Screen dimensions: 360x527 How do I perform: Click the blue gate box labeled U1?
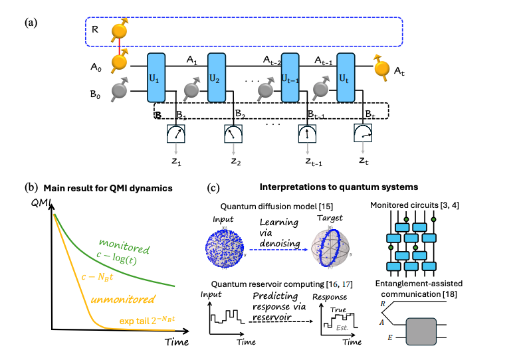click(156, 77)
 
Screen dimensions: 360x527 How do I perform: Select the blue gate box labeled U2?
click(217, 77)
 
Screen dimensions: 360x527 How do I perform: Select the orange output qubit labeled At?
click(382, 68)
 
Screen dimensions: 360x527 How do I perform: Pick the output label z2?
click(237, 161)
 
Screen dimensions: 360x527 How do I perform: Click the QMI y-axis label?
click(38, 205)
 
